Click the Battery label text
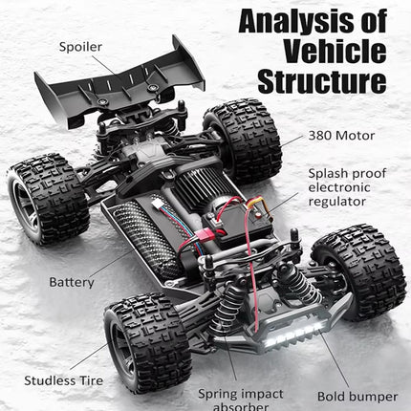click(72, 283)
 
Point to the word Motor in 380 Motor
click(355, 135)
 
